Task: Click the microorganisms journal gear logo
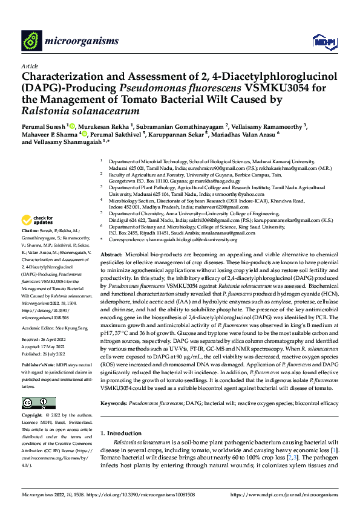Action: click(x=31, y=41)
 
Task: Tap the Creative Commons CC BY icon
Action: click(x=39, y=403)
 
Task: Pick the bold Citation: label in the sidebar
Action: click(x=30, y=231)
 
